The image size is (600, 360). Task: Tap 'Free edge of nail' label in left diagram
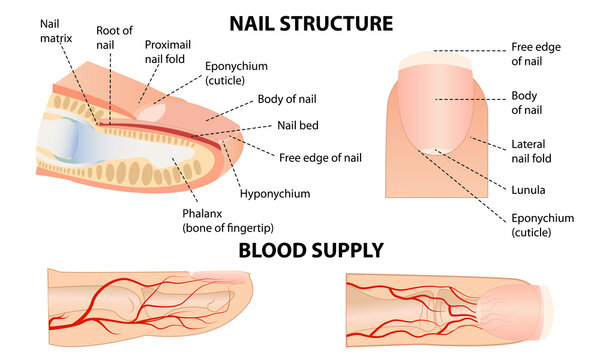pyautogui.click(x=320, y=157)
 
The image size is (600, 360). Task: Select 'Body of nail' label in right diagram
pyautogui.click(x=527, y=102)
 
